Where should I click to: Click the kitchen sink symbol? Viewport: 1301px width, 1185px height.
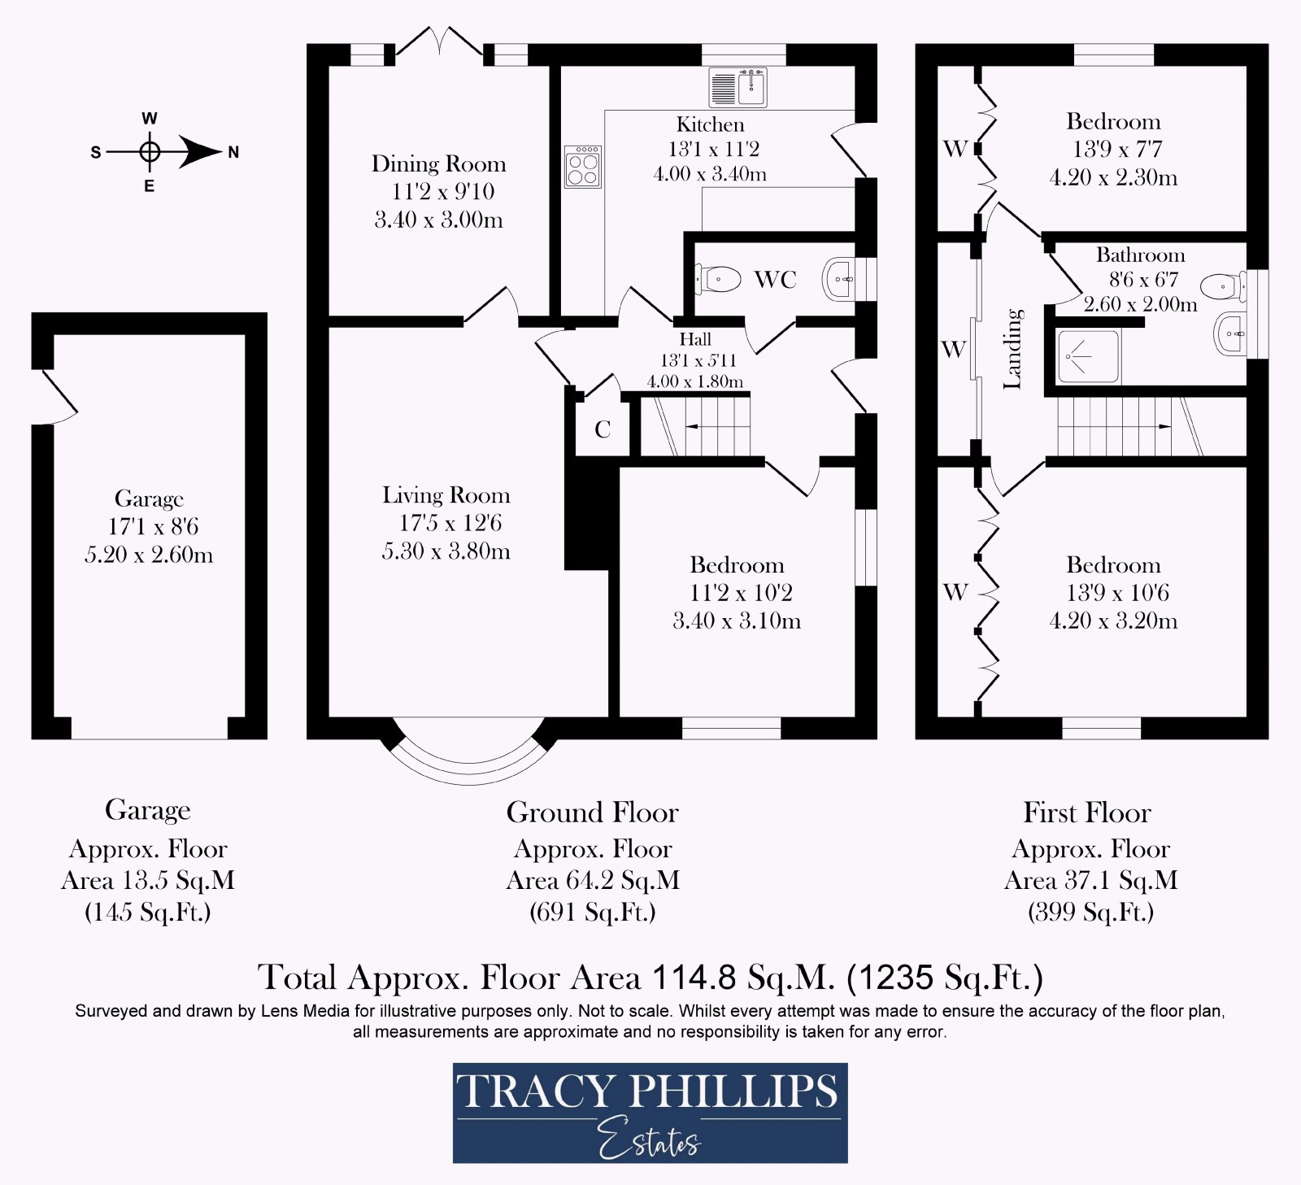click(x=738, y=87)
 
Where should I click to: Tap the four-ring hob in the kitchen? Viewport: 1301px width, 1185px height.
click(x=583, y=167)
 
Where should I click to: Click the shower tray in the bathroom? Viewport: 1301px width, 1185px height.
click(x=1088, y=357)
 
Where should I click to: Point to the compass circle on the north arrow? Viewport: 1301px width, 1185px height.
click(x=149, y=151)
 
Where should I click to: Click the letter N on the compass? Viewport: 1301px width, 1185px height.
click(x=233, y=152)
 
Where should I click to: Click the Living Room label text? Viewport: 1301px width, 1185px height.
click(x=446, y=495)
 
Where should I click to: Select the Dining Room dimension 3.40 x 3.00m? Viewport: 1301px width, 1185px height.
click(x=438, y=220)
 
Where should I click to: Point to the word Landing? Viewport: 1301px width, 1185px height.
click(x=1012, y=348)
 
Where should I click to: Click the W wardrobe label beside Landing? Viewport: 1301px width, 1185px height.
click(x=953, y=350)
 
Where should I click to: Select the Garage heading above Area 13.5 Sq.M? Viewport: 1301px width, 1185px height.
click(x=147, y=810)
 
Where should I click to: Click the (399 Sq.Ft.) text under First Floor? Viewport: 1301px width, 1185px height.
click(x=1090, y=912)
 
